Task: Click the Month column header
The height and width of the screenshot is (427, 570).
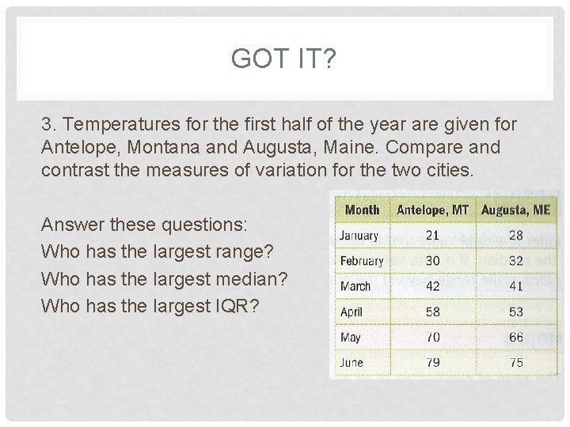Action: [x=362, y=210]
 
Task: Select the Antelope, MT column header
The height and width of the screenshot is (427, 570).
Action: [x=432, y=210]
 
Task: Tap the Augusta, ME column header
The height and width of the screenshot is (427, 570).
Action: [x=515, y=210]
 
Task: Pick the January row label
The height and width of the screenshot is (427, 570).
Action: [x=359, y=236]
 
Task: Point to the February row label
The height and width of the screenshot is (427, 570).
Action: [x=361, y=261]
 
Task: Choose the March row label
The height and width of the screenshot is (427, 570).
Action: [x=355, y=286]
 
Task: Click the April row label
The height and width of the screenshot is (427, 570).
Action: [x=351, y=312]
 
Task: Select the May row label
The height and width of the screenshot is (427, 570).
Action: [x=350, y=337]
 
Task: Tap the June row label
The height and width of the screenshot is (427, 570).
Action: [x=351, y=362]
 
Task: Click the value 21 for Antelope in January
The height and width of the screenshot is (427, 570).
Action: [x=432, y=236]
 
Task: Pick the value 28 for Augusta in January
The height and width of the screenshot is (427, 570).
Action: [x=515, y=236]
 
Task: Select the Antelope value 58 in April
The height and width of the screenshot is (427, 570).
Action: [x=432, y=312]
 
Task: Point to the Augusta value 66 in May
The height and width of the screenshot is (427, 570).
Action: [x=515, y=337]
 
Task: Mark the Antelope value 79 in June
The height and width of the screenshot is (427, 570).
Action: [x=432, y=362]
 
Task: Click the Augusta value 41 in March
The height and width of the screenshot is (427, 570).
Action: [x=515, y=286]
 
